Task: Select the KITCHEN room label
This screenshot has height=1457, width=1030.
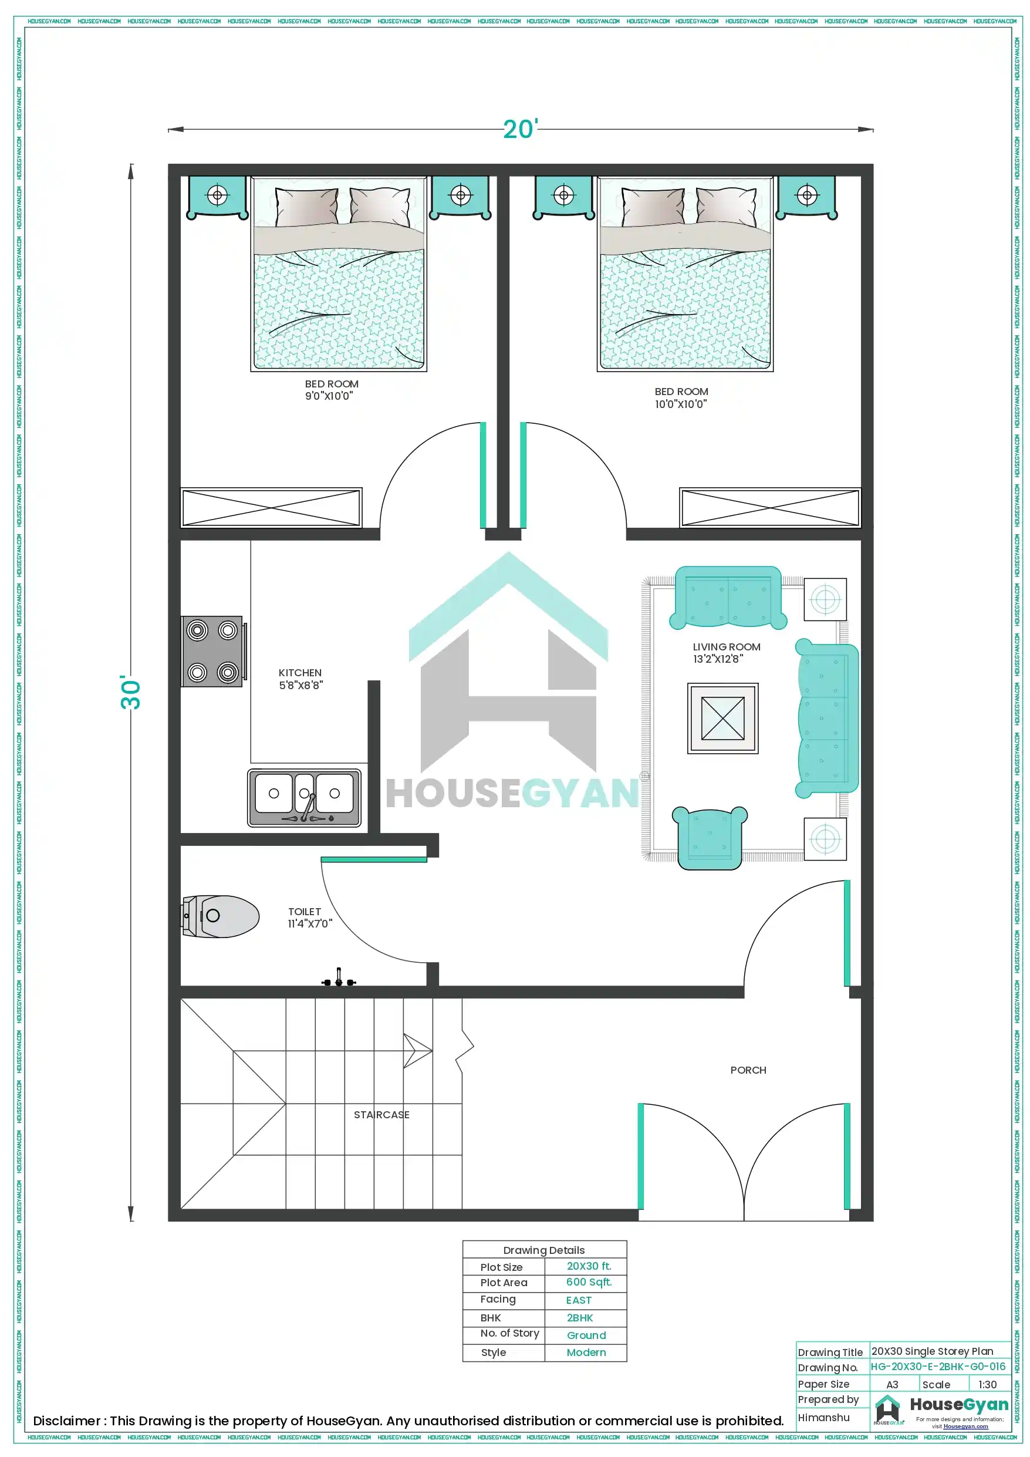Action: coord(300,673)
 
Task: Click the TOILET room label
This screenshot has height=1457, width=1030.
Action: coord(305,911)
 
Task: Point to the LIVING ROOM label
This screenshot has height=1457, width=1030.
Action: coord(726,647)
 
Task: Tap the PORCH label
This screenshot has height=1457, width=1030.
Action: coord(748,1070)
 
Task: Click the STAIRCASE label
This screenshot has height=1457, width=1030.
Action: coord(381,1115)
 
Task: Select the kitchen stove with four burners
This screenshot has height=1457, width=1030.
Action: coord(212,651)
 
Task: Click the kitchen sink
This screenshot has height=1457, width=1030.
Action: coord(304,797)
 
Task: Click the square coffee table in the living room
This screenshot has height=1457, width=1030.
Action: coord(723,719)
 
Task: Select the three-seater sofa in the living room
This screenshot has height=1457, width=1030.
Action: coord(827,718)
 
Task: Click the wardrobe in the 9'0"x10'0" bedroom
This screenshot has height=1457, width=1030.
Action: coord(271,508)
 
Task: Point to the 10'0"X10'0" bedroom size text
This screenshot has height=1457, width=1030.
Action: coord(680,404)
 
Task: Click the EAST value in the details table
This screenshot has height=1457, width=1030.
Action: coord(578,1300)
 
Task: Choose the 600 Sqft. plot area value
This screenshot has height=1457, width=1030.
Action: coord(588,1283)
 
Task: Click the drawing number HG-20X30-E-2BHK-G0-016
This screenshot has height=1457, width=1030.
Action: coord(937,1366)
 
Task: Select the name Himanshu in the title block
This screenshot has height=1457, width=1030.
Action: coord(823,1417)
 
